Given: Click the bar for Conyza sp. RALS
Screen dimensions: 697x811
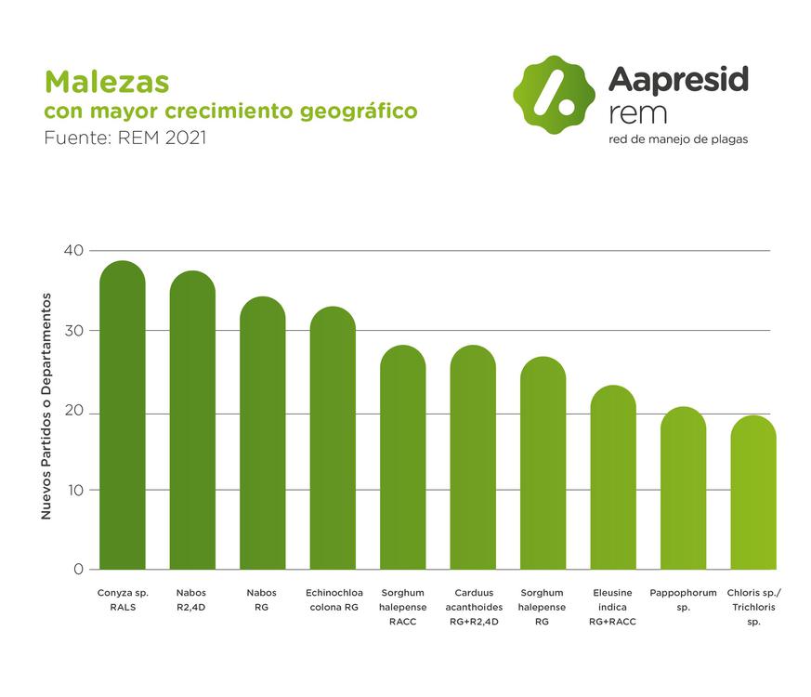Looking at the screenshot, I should point(122,418).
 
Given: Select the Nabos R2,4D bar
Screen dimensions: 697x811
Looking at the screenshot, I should point(192,423).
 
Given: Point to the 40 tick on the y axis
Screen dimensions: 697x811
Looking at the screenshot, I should point(73,250).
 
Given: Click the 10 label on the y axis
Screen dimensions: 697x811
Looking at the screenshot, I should point(73,490).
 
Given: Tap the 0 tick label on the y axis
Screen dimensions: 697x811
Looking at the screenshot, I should point(78,569).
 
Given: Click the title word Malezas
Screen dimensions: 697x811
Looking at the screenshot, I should point(107,81).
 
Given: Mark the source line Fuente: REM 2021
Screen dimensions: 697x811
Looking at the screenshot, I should point(124,139).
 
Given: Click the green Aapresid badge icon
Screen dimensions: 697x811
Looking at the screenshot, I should point(555,94).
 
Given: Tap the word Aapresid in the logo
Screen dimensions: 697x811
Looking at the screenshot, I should point(678,81).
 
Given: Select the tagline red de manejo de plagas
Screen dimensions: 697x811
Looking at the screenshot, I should point(678,139).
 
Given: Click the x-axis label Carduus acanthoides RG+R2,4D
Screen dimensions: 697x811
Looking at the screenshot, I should point(473,607).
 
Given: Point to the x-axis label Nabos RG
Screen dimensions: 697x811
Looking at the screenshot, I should point(262,599).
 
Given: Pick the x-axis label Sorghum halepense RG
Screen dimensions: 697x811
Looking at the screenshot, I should point(543,607).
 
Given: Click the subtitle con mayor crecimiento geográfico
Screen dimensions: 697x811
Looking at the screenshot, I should point(231,112).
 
